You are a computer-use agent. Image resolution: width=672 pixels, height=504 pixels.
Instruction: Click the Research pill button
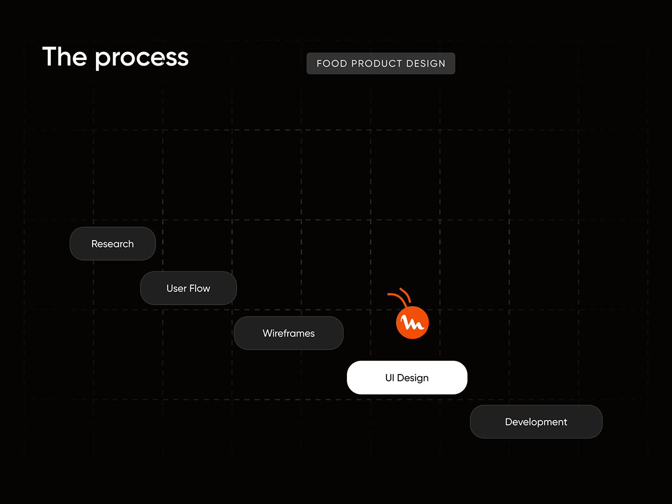[113, 243]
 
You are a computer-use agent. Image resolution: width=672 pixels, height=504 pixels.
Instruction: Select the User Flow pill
[188, 288]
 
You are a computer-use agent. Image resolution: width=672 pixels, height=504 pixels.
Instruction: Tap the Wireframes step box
[288, 333]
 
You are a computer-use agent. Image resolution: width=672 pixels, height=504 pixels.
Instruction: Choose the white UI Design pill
[407, 377]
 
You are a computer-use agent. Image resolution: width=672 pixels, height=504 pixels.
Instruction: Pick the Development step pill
[536, 422]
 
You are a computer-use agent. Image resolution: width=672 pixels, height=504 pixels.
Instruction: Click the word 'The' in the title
[64, 56]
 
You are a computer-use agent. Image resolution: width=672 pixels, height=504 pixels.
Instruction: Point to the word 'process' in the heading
[142, 59]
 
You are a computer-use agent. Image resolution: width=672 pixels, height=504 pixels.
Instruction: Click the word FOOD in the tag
[332, 63]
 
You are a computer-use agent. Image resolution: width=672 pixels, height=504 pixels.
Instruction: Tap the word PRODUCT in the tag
[377, 63]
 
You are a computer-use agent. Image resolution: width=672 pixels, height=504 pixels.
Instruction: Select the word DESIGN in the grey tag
[426, 63]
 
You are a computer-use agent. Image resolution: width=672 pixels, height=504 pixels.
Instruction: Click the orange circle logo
[412, 322]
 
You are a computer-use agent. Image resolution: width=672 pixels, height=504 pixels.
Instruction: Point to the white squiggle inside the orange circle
[412, 323]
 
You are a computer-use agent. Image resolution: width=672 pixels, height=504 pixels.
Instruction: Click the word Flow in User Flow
[199, 288]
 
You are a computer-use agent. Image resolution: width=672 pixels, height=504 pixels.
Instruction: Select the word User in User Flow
[176, 288]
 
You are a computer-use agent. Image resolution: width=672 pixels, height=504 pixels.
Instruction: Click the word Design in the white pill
[413, 378]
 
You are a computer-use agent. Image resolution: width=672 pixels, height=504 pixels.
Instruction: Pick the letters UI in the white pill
[390, 378]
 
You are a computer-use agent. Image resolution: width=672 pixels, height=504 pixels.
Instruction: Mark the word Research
[113, 244]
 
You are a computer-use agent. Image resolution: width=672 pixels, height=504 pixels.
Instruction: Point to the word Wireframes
[288, 333]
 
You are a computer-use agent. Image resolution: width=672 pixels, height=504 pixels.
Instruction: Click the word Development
[536, 422]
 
